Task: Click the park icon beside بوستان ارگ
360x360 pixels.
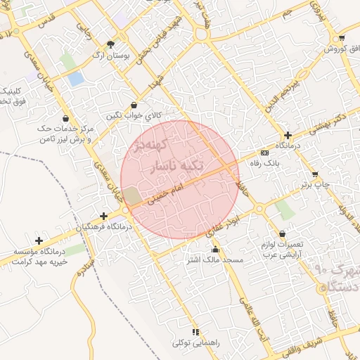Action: (x=110, y=44)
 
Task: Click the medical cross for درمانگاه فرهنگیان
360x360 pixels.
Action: (x=104, y=217)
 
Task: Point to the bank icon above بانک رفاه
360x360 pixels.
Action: (x=264, y=153)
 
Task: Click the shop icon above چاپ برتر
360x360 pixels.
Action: (x=314, y=174)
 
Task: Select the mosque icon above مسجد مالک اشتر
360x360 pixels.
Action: (x=215, y=250)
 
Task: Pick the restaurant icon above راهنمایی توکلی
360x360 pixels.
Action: (x=195, y=332)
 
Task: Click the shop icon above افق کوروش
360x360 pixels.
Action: (x=342, y=38)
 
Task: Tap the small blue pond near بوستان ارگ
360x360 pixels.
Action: (x=75, y=79)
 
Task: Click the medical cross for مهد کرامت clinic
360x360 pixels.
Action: (x=38, y=241)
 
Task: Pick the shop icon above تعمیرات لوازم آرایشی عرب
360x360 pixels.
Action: (x=282, y=234)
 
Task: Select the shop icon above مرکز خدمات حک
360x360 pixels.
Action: (x=66, y=118)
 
